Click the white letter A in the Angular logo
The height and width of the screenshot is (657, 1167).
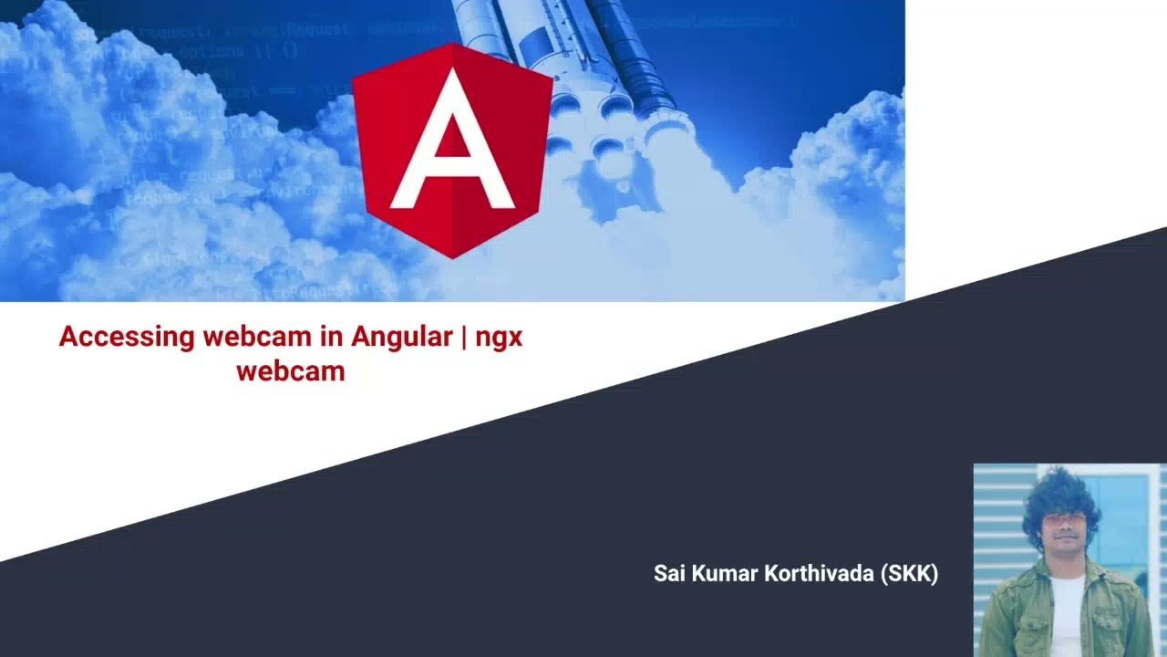pos(452,146)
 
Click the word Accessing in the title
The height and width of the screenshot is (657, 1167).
pos(127,337)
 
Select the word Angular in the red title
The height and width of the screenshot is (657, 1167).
pos(402,337)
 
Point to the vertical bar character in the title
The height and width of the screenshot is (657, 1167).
pos(464,337)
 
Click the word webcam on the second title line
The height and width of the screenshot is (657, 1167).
pos(290,371)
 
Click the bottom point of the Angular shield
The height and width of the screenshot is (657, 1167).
pos(453,256)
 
